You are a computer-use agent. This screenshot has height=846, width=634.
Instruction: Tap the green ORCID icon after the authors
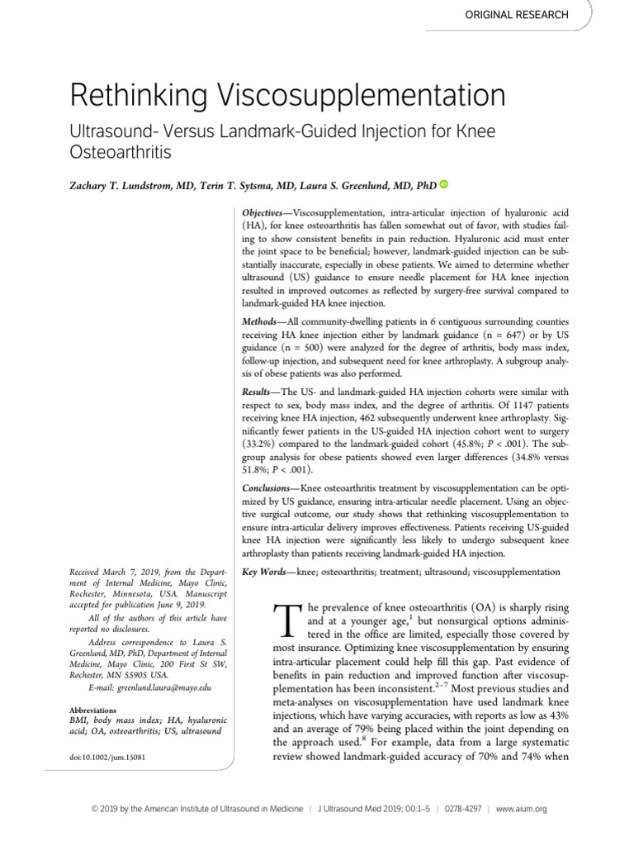coord(443,185)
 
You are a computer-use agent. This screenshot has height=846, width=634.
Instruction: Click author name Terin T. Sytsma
coord(252,186)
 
